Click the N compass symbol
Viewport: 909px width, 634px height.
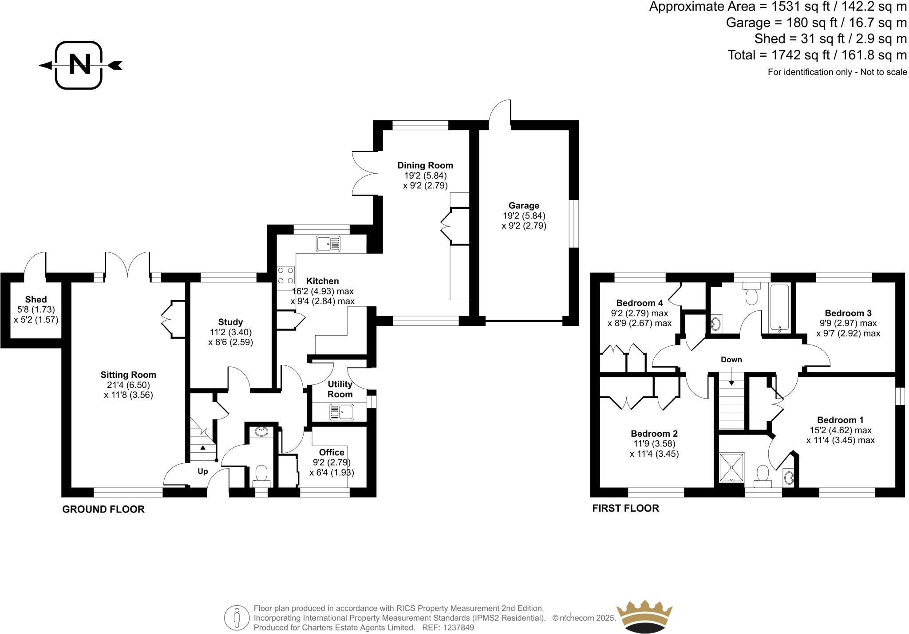79,65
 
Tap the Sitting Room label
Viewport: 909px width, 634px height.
128,375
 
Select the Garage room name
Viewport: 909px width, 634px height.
524,205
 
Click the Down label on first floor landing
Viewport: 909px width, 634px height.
731,360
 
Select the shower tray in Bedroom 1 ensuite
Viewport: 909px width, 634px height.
731,467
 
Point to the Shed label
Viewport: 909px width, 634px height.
36,299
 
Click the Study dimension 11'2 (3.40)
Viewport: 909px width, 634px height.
230,332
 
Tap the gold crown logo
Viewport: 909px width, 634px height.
644,617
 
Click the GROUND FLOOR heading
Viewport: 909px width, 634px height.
103,509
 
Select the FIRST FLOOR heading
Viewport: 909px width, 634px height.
625,508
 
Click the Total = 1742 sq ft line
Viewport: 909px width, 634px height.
817,55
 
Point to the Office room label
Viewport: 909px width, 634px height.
332,452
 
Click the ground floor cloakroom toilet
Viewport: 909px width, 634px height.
261,474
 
